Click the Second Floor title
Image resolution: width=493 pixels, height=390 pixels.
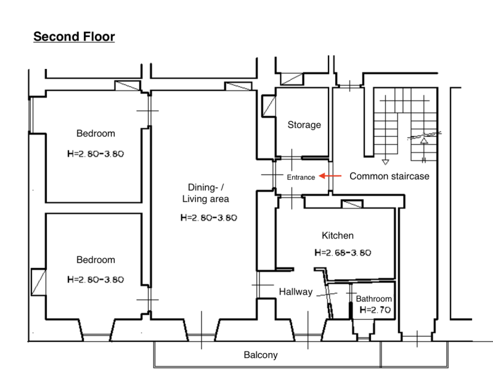74,37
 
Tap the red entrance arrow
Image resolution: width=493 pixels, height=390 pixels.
330,176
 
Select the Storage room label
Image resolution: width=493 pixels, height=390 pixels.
304,124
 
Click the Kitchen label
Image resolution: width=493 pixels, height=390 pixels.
337,235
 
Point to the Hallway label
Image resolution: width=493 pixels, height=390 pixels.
296,292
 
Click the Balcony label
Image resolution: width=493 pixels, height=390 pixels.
261,355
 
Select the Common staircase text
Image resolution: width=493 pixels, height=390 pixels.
389,176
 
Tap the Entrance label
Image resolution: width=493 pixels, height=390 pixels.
301,177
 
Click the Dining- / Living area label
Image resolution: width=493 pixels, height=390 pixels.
206,193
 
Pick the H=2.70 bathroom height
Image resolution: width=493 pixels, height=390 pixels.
375,310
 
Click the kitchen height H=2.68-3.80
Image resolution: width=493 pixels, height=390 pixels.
343,253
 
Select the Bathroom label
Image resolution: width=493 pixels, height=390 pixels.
373,299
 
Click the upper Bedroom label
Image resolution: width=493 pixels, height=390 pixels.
96,133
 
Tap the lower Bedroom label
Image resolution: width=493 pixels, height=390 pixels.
96,259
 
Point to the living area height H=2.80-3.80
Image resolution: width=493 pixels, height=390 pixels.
209,217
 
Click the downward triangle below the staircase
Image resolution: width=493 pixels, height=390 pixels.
385,162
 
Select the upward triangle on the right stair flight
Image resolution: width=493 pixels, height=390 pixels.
424,140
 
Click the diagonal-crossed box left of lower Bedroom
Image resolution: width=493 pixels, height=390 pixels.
39,282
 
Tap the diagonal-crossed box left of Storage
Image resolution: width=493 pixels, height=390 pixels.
269,106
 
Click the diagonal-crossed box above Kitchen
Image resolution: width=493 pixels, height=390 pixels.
352,204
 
